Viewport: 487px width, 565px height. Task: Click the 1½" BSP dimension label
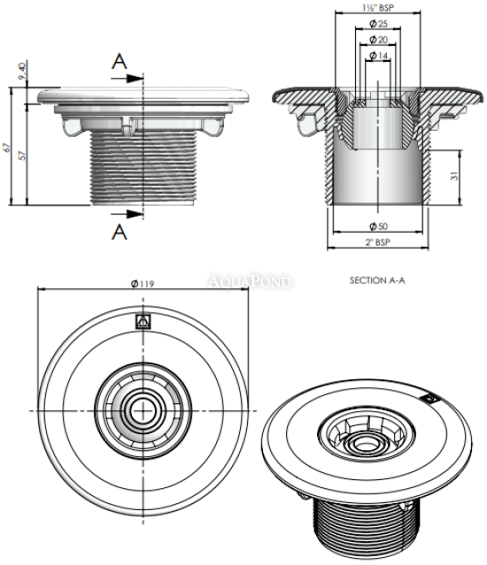(x=378, y=7)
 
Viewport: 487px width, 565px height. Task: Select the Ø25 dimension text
(x=378, y=24)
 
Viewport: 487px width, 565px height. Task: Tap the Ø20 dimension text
(x=378, y=39)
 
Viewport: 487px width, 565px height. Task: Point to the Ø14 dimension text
(x=378, y=56)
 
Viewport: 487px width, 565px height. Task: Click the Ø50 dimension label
(x=378, y=226)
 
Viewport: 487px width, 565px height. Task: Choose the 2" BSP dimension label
(x=378, y=242)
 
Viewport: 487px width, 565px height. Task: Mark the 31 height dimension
(x=454, y=176)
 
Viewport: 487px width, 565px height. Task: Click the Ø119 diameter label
(x=143, y=284)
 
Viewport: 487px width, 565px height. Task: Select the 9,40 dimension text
(x=22, y=71)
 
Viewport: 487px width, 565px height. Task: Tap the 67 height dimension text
(x=6, y=148)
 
